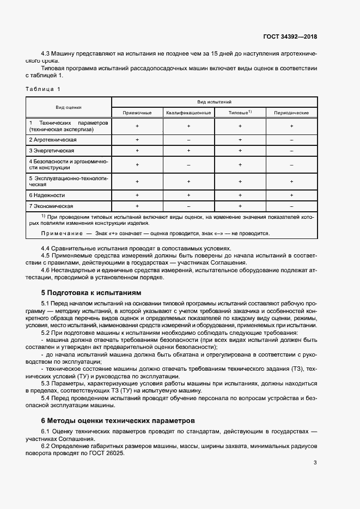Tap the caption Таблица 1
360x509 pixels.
point(44,88)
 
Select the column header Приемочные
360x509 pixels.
point(137,113)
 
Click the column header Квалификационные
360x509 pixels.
point(188,113)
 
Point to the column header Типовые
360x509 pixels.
point(240,113)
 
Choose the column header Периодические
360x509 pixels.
point(291,113)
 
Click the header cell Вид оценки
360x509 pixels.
point(68,107)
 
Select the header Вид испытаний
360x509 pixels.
point(214,102)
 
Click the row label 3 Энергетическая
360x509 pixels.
point(52,150)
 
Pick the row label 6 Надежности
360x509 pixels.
point(47,195)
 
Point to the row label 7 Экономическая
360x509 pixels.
point(51,206)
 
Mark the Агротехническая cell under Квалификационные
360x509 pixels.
point(188,140)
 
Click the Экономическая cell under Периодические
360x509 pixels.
point(291,206)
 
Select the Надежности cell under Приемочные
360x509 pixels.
point(137,195)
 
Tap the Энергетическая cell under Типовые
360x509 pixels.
point(240,150)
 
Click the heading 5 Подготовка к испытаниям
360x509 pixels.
point(91,292)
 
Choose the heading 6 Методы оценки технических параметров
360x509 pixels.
point(117,420)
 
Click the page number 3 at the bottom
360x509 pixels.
point(315,463)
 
